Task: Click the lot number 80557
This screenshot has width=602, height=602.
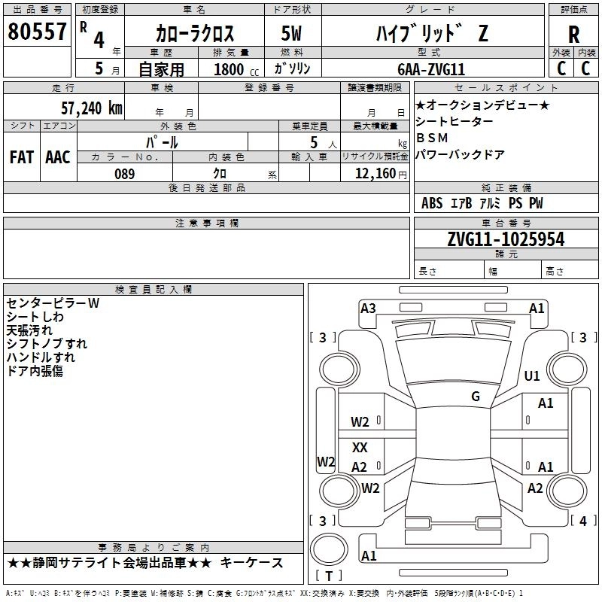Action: coord(37,32)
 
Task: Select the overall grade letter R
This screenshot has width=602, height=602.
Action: coord(573,35)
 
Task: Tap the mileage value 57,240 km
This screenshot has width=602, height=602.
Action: coord(92,108)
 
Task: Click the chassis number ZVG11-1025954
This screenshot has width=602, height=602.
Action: coord(506,239)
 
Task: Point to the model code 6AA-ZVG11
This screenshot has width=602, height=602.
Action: coord(431,69)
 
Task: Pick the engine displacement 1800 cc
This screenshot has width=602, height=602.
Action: coord(236,69)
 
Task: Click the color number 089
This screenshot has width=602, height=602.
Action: coord(125,174)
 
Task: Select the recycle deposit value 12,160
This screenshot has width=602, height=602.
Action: coord(375,174)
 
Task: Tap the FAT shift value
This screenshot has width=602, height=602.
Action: coord(22,157)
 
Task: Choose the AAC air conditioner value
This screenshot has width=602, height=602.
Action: coord(58,157)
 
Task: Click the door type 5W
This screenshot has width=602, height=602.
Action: coord(291,33)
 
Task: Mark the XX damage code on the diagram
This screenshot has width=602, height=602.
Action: coord(360,447)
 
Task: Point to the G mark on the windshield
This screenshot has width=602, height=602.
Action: coord(476,396)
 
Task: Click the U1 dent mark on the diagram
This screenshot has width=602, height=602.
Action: coord(532,375)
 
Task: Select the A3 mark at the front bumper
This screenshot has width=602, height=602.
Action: coord(368,309)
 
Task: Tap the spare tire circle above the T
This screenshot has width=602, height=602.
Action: coord(329,549)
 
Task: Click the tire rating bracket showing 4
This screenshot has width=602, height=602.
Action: coord(583,521)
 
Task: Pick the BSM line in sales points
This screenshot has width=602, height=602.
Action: coord(432,138)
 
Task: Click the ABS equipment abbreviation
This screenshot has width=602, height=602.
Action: coord(432,202)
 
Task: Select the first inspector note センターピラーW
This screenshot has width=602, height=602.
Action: coord(53,303)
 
